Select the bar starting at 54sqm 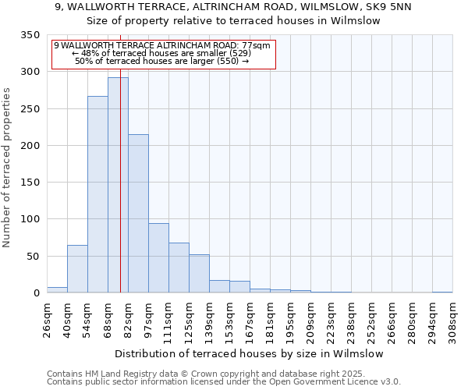tap(97, 194)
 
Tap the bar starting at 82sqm tap(138, 214)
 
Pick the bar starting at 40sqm tap(77, 269)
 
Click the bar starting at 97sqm tap(158, 258)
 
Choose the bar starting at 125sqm tap(199, 274)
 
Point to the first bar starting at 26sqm tap(57, 290)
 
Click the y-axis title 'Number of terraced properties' tap(7, 168)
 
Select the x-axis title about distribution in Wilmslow tap(249, 353)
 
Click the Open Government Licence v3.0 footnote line tap(223, 382)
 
